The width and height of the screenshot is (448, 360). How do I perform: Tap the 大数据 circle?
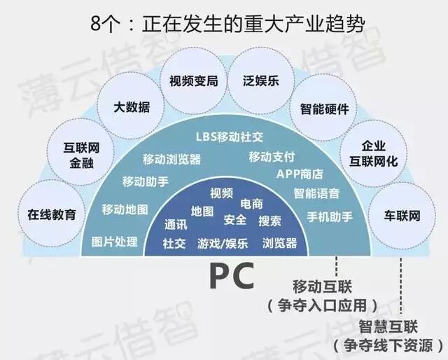(x=132, y=109)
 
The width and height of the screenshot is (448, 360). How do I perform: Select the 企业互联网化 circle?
(x=372, y=155)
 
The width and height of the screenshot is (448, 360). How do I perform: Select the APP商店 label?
(x=299, y=174)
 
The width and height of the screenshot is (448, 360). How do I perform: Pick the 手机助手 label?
(x=329, y=216)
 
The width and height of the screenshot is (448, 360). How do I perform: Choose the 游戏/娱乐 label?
(x=222, y=243)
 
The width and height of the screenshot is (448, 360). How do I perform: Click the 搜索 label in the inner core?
(x=269, y=221)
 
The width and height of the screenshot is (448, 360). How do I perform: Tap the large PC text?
(x=231, y=275)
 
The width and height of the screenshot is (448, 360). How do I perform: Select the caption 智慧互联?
(x=387, y=326)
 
